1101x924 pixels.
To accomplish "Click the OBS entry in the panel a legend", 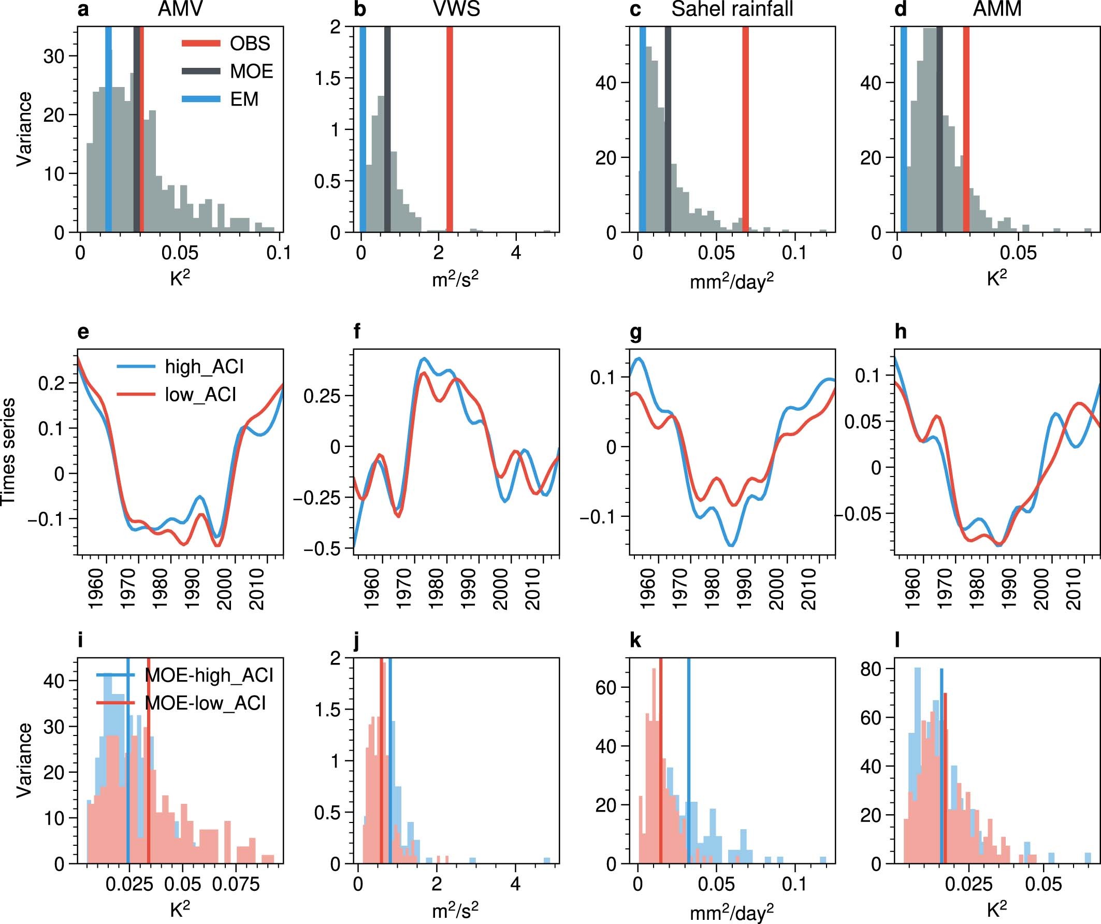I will pos(250,44).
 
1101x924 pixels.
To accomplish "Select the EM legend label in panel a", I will pos(244,99).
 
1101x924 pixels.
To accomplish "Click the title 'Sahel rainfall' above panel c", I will pos(732,9).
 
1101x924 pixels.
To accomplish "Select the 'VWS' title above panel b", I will pos(457,9).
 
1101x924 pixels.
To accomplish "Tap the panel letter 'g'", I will pos(635,333).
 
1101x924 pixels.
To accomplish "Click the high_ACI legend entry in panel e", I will pos(204,367).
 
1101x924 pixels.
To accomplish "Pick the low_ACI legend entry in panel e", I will pos(200,394).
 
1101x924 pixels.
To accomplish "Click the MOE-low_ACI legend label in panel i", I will pos(205,703).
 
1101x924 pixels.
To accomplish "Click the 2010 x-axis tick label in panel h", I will pos(1074,590).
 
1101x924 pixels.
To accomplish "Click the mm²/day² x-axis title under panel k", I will pos(731,913).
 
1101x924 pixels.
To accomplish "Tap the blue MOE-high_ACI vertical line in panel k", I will pos(688,760).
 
